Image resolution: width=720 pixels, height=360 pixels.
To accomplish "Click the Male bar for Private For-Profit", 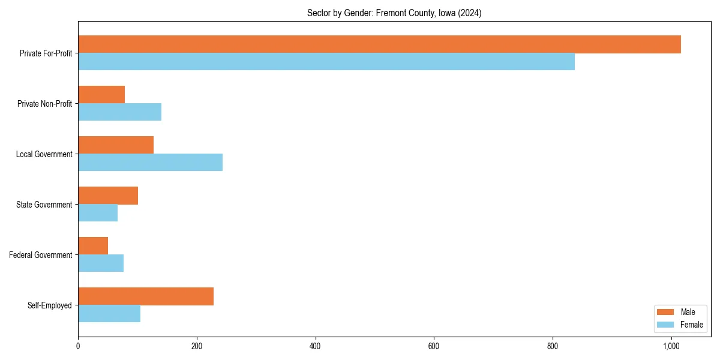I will (x=379, y=44).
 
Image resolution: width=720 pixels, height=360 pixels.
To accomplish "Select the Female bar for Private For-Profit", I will (x=326, y=62).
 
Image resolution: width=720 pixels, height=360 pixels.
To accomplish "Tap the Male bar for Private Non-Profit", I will (x=101, y=95).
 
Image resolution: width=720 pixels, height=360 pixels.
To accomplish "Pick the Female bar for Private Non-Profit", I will (x=119, y=112).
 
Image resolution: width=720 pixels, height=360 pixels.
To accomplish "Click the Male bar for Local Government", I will (x=116, y=145).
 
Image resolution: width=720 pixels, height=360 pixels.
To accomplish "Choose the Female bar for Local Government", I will (x=150, y=163).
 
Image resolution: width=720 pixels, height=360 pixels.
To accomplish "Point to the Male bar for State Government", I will (x=108, y=196).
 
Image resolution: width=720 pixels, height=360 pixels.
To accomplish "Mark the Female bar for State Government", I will (x=98, y=213).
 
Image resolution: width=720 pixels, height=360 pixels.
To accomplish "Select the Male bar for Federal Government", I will (x=93, y=246).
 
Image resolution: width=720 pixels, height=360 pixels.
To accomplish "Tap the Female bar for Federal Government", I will (x=101, y=263).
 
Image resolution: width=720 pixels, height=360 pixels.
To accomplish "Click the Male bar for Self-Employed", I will (x=146, y=296).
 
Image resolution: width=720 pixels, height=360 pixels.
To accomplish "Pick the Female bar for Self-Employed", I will (x=109, y=314).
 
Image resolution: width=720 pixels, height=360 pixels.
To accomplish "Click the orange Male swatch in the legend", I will (x=666, y=312).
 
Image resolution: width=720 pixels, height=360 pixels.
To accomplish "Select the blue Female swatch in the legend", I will (x=666, y=325).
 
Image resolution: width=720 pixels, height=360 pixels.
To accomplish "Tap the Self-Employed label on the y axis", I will (x=49, y=305).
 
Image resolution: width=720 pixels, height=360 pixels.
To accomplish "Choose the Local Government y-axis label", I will (x=44, y=154).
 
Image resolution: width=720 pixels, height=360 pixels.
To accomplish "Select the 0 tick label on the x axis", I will (x=78, y=346).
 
